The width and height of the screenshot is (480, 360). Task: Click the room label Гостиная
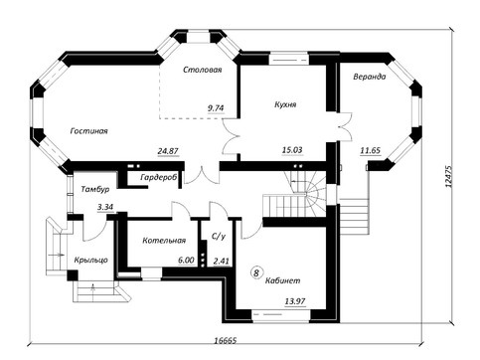(89, 131)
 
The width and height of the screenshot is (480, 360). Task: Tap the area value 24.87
(168, 151)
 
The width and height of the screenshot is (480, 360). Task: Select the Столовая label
(203, 70)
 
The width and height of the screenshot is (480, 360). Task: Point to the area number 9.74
(216, 108)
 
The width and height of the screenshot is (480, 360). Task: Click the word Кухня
(285, 104)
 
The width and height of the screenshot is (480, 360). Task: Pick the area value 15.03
(292, 150)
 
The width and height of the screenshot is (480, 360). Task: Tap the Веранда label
(370, 77)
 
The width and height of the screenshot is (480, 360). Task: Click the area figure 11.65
(371, 150)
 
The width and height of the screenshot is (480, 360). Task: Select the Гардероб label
(159, 177)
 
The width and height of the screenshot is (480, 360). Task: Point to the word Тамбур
(95, 189)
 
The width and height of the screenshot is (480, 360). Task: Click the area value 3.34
(105, 207)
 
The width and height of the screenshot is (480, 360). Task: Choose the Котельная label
(164, 241)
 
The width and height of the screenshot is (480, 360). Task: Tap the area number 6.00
(186, 261)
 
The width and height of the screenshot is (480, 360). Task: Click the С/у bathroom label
(219, 236)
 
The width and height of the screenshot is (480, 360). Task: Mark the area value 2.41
(222, 262)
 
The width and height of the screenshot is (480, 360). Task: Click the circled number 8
(256, 272)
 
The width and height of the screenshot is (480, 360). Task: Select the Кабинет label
(283, 280)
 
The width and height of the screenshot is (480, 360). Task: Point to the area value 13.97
(295, 301)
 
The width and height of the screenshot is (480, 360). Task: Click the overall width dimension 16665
(226, 340)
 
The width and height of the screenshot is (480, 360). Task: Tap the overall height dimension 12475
(449, 176)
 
